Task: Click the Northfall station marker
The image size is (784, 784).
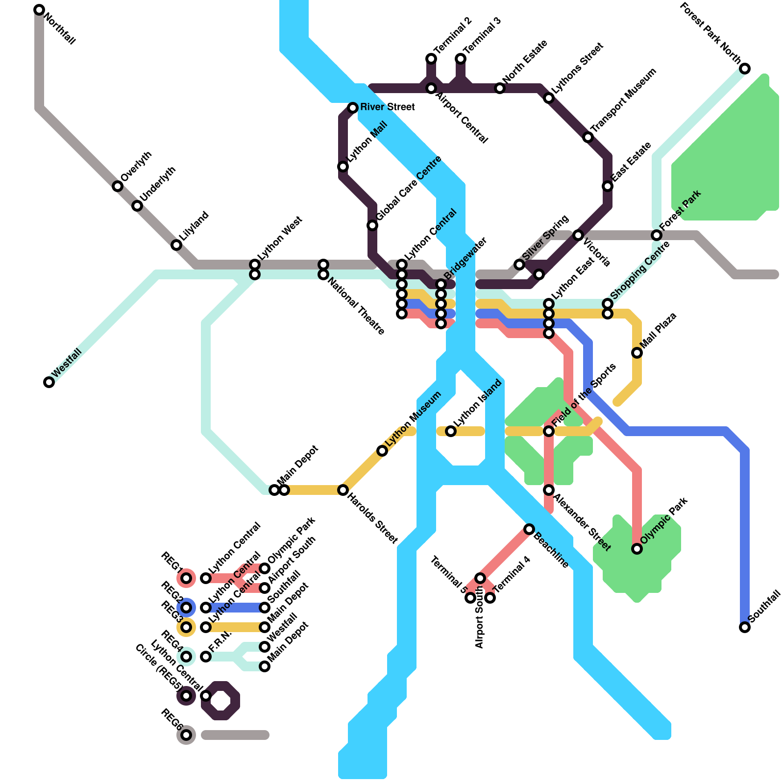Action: pos(39,10)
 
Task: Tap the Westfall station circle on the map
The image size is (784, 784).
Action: pos(49,382)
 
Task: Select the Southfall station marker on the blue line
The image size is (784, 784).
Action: pos(745,627)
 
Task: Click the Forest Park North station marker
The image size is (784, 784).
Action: pos(745,69)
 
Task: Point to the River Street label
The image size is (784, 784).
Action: pos(388,107)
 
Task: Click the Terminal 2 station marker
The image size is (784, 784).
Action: pos(431,59)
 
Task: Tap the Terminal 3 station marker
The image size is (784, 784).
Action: pos(461,59)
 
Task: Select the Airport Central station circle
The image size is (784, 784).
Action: pos(431,88)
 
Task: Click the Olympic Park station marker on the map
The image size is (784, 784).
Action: pos(637,549)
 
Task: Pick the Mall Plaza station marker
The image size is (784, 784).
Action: pos(637,353)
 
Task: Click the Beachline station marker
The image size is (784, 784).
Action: pos(529,529)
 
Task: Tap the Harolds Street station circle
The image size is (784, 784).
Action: pos(343,490)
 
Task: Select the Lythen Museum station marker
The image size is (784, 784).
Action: pos(382,451)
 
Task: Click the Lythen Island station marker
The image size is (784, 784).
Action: pos(451,431)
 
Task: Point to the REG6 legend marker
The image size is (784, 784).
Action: pos(186,735)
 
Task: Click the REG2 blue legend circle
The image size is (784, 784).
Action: pos(186,608)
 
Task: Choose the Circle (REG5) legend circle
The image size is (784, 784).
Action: pos(186,696)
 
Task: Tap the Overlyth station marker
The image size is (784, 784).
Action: pos(118,186)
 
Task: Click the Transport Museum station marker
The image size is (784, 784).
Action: pos(588,137)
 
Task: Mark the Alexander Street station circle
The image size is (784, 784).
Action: pos(549,490)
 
